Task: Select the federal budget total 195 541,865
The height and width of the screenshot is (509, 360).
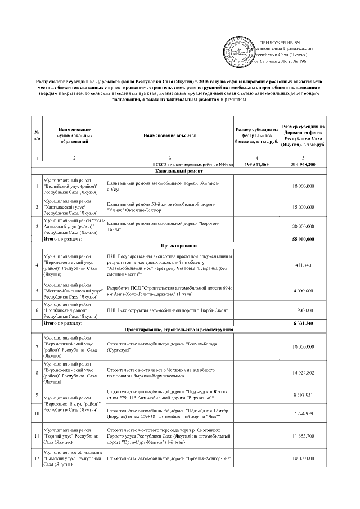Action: click(x=260, y=164)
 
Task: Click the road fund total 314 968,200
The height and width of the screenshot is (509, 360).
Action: click(x=304, y=164)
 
